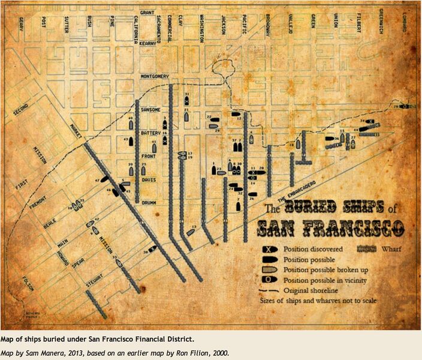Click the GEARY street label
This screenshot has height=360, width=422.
pyautogui.click(x=22, y=24)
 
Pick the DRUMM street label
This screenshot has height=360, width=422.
pyautogui.click(x=149, y=202)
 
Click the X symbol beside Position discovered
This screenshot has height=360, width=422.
pyautogui.click(x=268, y=248)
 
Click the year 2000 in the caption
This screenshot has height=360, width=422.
pyautogui.click(x=217, y=353)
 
